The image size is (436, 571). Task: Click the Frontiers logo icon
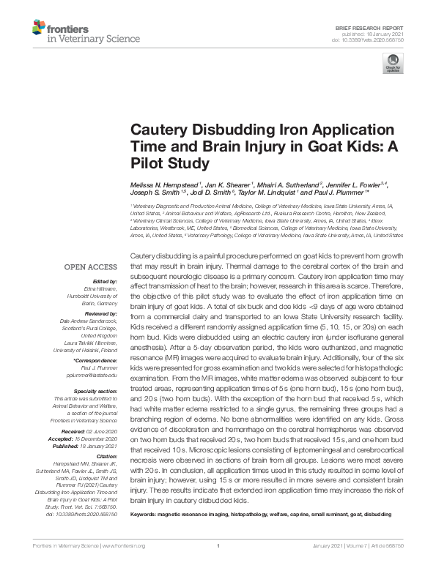[37, 29]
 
